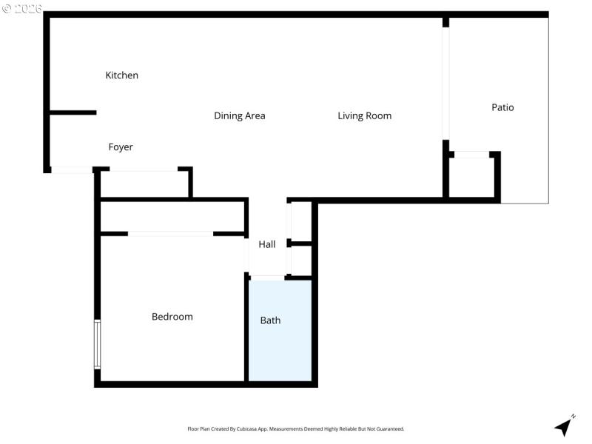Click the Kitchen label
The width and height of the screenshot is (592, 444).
click(x=121, y=75)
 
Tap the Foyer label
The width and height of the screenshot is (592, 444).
click(x=121, y=147)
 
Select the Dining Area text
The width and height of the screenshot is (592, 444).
click(x=239, y=116)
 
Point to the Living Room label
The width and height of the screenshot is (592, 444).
click(x=364, y=116)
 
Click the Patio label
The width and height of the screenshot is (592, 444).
click(x=502, y=107)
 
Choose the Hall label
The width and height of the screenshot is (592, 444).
click(x=267, y=244)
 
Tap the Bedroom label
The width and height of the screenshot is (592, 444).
click(x=172, y=317)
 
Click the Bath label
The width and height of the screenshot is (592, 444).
click(x=270, y=320)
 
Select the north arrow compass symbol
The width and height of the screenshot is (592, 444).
click(x=565, y=425)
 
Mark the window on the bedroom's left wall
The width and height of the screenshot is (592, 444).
click(x=97, y=344)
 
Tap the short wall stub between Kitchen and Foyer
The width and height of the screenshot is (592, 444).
click(x=73, y=112)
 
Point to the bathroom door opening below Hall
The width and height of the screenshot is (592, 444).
click(x=267, y=277)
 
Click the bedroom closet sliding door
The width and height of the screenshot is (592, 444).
click(x=171, y=234)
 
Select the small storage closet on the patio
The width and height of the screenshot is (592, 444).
click(x=471, y=178)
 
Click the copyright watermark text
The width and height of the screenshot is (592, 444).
click(x=22, y=8)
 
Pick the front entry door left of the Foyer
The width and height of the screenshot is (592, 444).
click(x=72, y=170)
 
